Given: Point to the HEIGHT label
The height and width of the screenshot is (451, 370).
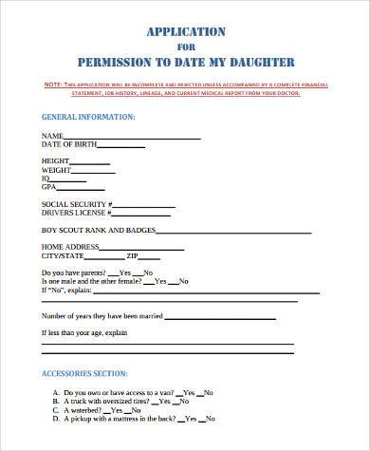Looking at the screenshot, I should click(56, 160).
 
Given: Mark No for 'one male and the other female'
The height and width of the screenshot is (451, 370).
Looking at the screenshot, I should click(184, 282).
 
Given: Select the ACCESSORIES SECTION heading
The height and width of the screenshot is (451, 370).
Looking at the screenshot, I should click(86, 373).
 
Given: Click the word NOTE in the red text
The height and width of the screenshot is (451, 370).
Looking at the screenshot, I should click(56, 85).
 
